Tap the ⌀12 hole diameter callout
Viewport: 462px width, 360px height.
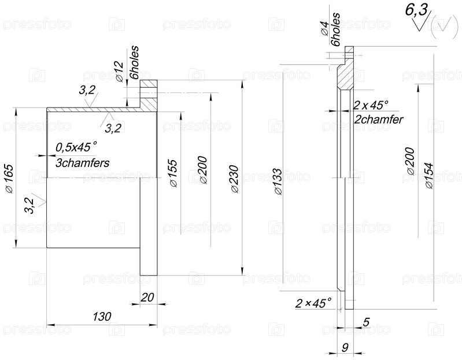click(120, 72)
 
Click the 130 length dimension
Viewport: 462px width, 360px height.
click(102, 317)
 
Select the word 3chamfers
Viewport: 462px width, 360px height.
click(83, 163)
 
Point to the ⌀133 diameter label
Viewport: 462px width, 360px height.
click(277, 181)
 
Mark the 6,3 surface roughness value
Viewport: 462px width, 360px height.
click(416, 10)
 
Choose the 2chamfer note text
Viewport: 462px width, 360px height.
click(378, 120)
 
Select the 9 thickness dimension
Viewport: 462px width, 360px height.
click(345, 347)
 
